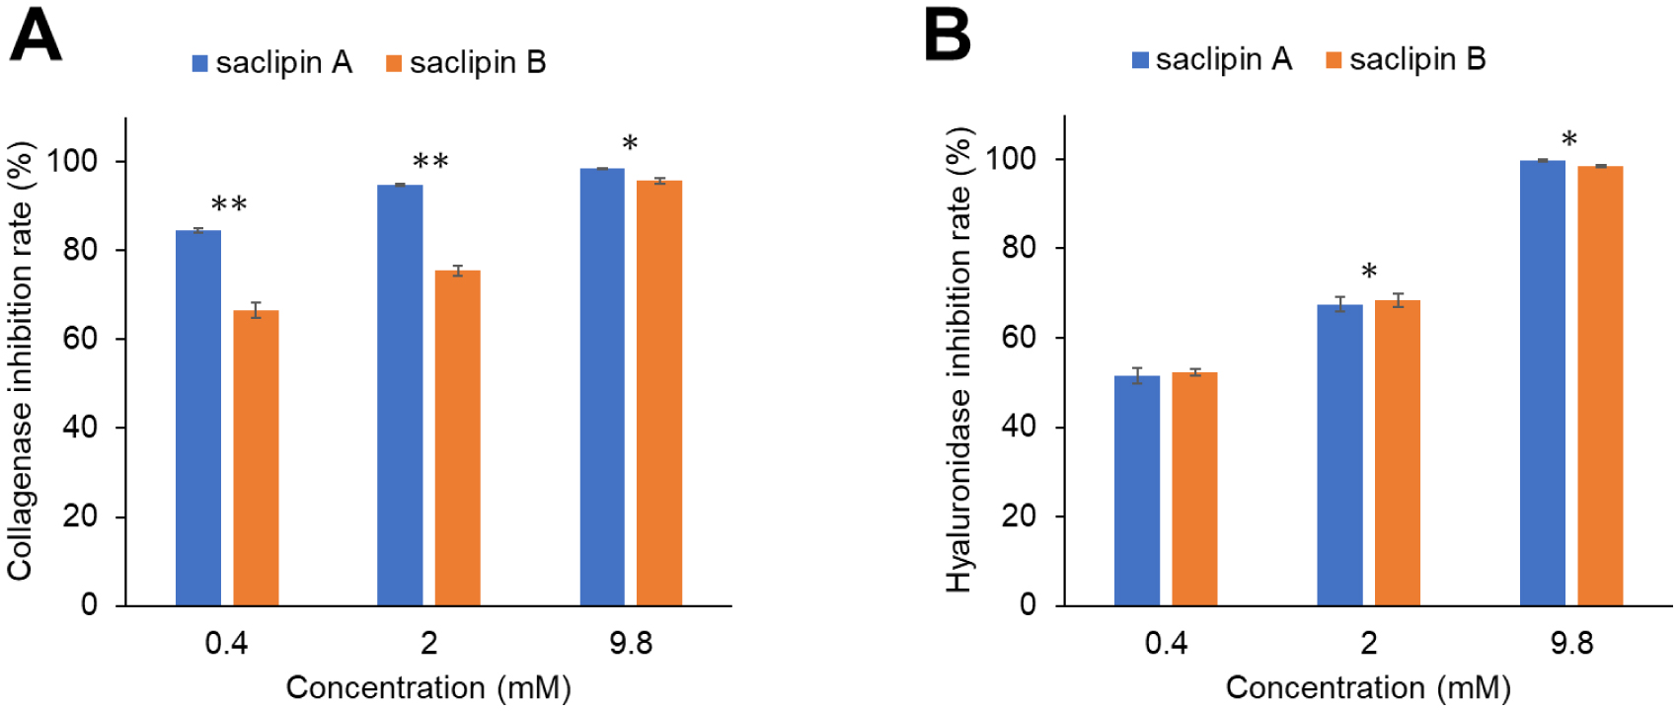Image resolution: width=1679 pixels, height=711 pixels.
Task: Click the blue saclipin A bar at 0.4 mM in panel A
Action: click(x=198, y=418)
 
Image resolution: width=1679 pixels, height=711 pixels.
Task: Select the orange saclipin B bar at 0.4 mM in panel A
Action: click(x=256, y=457)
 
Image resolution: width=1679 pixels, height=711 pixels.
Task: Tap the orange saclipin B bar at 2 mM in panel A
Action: click(x=457, y=437)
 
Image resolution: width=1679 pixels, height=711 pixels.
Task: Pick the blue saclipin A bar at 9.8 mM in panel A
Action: click(x=602, y=386)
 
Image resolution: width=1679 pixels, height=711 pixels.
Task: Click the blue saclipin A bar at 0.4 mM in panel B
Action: click(x=1137, y=490)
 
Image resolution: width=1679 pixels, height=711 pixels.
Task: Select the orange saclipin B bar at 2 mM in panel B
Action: click(x=1397, y=452)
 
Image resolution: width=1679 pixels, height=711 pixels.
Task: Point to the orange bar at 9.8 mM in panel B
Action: click(x=1600, y=385)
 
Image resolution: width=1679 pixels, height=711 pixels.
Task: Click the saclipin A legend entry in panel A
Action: click(x=272, y=62)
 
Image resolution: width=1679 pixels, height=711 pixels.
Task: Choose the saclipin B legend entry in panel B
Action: click(x=1406, y=59)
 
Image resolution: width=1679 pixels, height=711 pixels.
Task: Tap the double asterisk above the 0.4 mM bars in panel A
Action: click(x=229, y=205)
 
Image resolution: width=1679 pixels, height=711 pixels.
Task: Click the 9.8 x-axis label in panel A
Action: click(x=631, y=644)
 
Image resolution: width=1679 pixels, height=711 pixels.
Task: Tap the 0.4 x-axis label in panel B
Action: click(x=1166, y=644)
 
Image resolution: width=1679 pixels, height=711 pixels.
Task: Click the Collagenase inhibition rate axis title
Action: click(x=22, y=360)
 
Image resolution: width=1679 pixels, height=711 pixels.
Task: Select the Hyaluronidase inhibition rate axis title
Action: click(x=959, y=360)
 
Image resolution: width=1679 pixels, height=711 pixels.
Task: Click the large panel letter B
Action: click(x=947, y=36)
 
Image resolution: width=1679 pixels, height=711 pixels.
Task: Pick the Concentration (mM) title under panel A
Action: click(x=428, y=687)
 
